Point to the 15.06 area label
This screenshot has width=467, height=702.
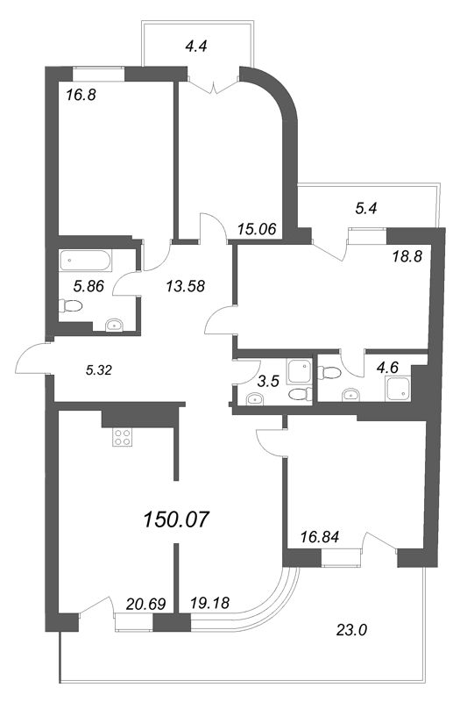[257, 229]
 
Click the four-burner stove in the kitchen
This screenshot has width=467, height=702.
[122, 439]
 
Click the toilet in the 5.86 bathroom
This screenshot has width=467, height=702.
[69, 307]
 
